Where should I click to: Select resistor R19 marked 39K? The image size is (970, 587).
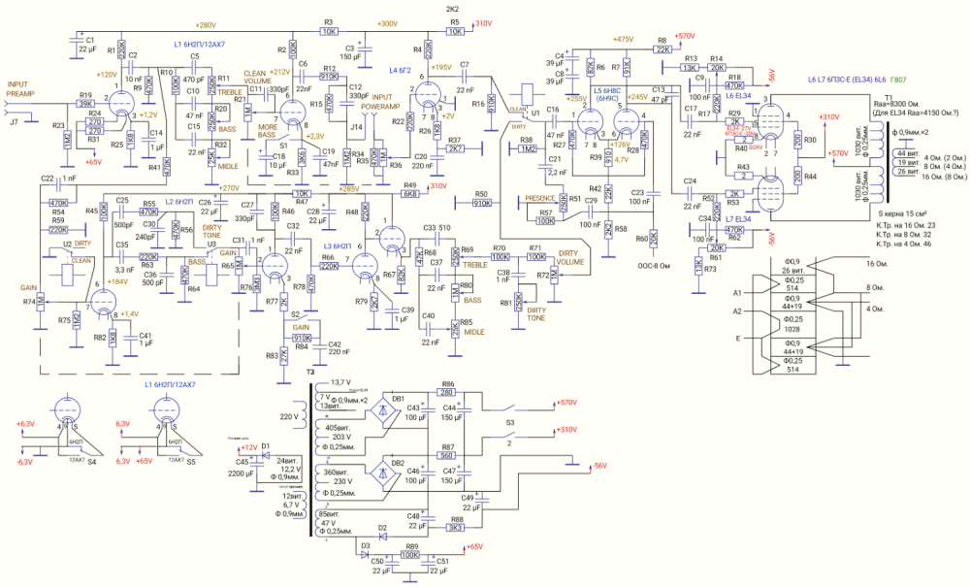click(x=86, y=103)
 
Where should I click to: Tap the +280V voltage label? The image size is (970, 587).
click(x=206, y=24)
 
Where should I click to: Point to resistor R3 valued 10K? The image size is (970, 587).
click(x=329, y=31)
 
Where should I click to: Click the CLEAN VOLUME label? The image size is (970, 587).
click(x=255, y=77)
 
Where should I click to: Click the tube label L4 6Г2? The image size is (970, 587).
click(x=403, y=71)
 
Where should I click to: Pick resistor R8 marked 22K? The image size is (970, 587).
click(x=663, y=48)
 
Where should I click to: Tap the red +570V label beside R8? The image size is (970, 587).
click(x=686, y=35)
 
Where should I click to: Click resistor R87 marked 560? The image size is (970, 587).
click(x=447, y=454)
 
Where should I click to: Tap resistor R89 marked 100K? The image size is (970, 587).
click(x=411, y=555)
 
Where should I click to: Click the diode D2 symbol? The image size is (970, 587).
click(x=382, y=536)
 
